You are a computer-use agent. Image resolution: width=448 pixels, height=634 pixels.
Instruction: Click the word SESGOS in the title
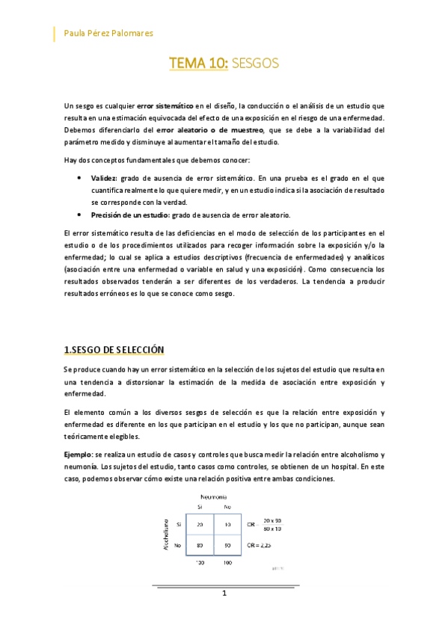[x=254, y=64]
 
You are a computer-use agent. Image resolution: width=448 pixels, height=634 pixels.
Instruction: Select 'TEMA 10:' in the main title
[x=198, y=64]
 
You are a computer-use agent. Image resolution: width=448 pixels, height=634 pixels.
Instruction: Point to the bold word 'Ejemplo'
[x=79, y=455]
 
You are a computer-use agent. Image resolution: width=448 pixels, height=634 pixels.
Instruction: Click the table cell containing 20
[x=200, y=525]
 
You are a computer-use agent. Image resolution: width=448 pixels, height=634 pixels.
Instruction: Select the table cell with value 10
[x=227, y=525]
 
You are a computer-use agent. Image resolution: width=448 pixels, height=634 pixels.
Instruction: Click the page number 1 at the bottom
[x=224, y=594]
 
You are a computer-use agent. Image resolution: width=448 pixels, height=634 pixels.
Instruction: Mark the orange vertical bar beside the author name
[x=55, y=34]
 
